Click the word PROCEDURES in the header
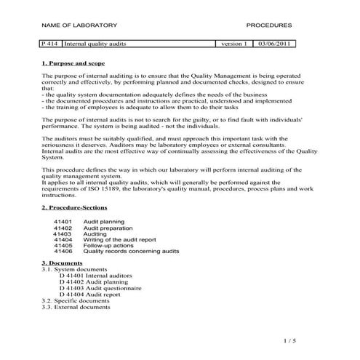[x=269, y=24]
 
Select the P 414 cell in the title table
[x=51, y=44]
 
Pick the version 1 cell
[x=234, y=44]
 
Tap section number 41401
[x=63, y=220]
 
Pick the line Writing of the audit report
[x=121, y=239]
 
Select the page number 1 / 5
[x=287, y=340]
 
